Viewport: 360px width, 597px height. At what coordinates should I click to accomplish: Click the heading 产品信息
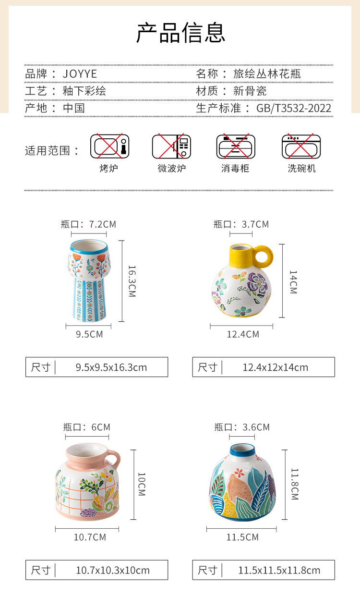coord(181,33)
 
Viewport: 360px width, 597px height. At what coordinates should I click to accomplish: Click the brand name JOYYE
coord(80,74)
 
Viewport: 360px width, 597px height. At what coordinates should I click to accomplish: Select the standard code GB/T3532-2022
coord(294,108)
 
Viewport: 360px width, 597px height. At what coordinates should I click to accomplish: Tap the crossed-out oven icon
coord(110,146)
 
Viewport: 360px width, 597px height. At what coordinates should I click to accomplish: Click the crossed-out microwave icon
coord(171,146)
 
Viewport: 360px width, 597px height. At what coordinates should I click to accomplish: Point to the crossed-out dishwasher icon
coord(301,146)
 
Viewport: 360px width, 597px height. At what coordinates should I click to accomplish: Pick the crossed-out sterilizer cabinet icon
coord(236,146)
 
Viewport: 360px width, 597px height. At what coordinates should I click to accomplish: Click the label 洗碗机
coord(301,169)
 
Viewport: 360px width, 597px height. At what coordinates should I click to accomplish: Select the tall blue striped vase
coord(89,280)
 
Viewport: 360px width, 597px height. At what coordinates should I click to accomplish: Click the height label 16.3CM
coord(132,281)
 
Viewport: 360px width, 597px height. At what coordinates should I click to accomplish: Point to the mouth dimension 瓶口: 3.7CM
coord(241,224)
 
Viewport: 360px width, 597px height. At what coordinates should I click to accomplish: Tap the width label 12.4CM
coord(243,334)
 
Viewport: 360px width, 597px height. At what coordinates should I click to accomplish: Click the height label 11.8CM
coord(295,484)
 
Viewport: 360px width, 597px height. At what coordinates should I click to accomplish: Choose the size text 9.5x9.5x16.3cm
coord(111,367)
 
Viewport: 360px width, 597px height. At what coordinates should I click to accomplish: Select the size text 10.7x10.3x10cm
coord(113,571)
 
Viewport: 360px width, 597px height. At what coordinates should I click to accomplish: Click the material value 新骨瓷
coord(250,91)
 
